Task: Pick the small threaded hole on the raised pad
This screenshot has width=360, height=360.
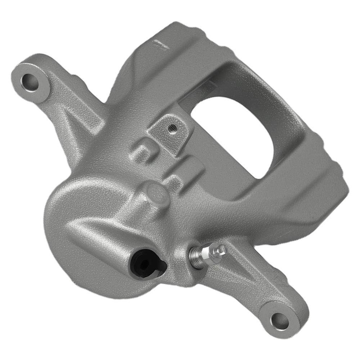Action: pos(172,127)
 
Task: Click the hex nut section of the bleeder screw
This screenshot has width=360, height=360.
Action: pos(211,253)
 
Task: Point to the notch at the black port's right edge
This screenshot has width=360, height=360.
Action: pos(163,265)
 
